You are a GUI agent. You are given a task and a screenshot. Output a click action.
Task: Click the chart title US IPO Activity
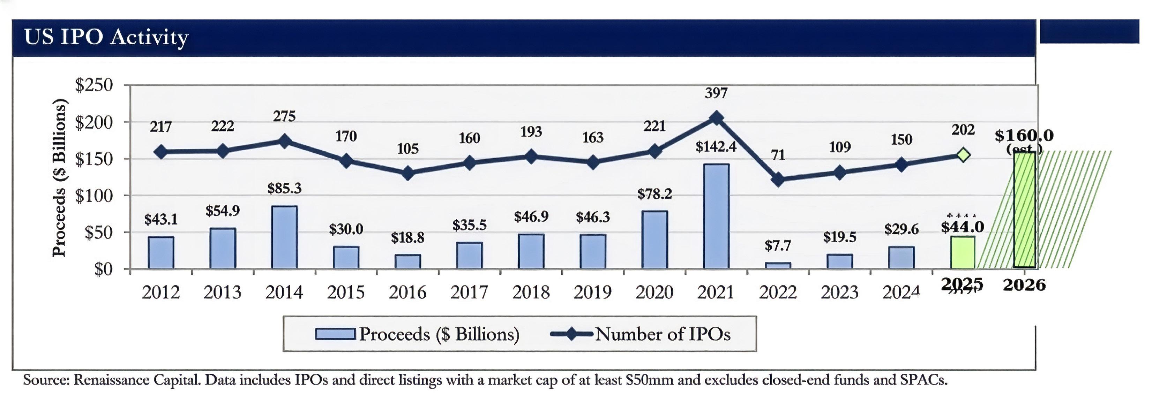(x=106, y=37)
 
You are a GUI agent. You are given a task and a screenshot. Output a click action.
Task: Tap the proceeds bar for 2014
(x=284, y=237)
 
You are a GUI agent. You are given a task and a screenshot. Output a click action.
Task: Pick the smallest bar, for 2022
(x=778, y=265)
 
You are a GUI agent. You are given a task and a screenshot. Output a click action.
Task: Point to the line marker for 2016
(x=407, y=173)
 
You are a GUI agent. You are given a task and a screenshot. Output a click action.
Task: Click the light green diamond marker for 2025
(x=963, y=155)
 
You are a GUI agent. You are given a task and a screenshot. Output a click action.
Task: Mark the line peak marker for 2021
(x=716, y=118)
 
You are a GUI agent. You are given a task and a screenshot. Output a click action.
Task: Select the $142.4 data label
(x=716, y=147)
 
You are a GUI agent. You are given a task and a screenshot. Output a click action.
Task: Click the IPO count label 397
(x=716, y=93)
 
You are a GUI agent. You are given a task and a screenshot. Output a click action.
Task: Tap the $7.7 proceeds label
(x=778, y=245)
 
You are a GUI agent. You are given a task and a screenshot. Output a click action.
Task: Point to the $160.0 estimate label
(x=1024, y=135)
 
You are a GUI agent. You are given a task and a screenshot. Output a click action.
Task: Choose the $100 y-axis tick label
(x=94, y=195)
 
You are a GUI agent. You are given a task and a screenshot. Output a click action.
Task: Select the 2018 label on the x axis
(x=531, y=292)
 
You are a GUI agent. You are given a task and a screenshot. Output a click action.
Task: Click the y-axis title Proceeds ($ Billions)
(x=59, y=178)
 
